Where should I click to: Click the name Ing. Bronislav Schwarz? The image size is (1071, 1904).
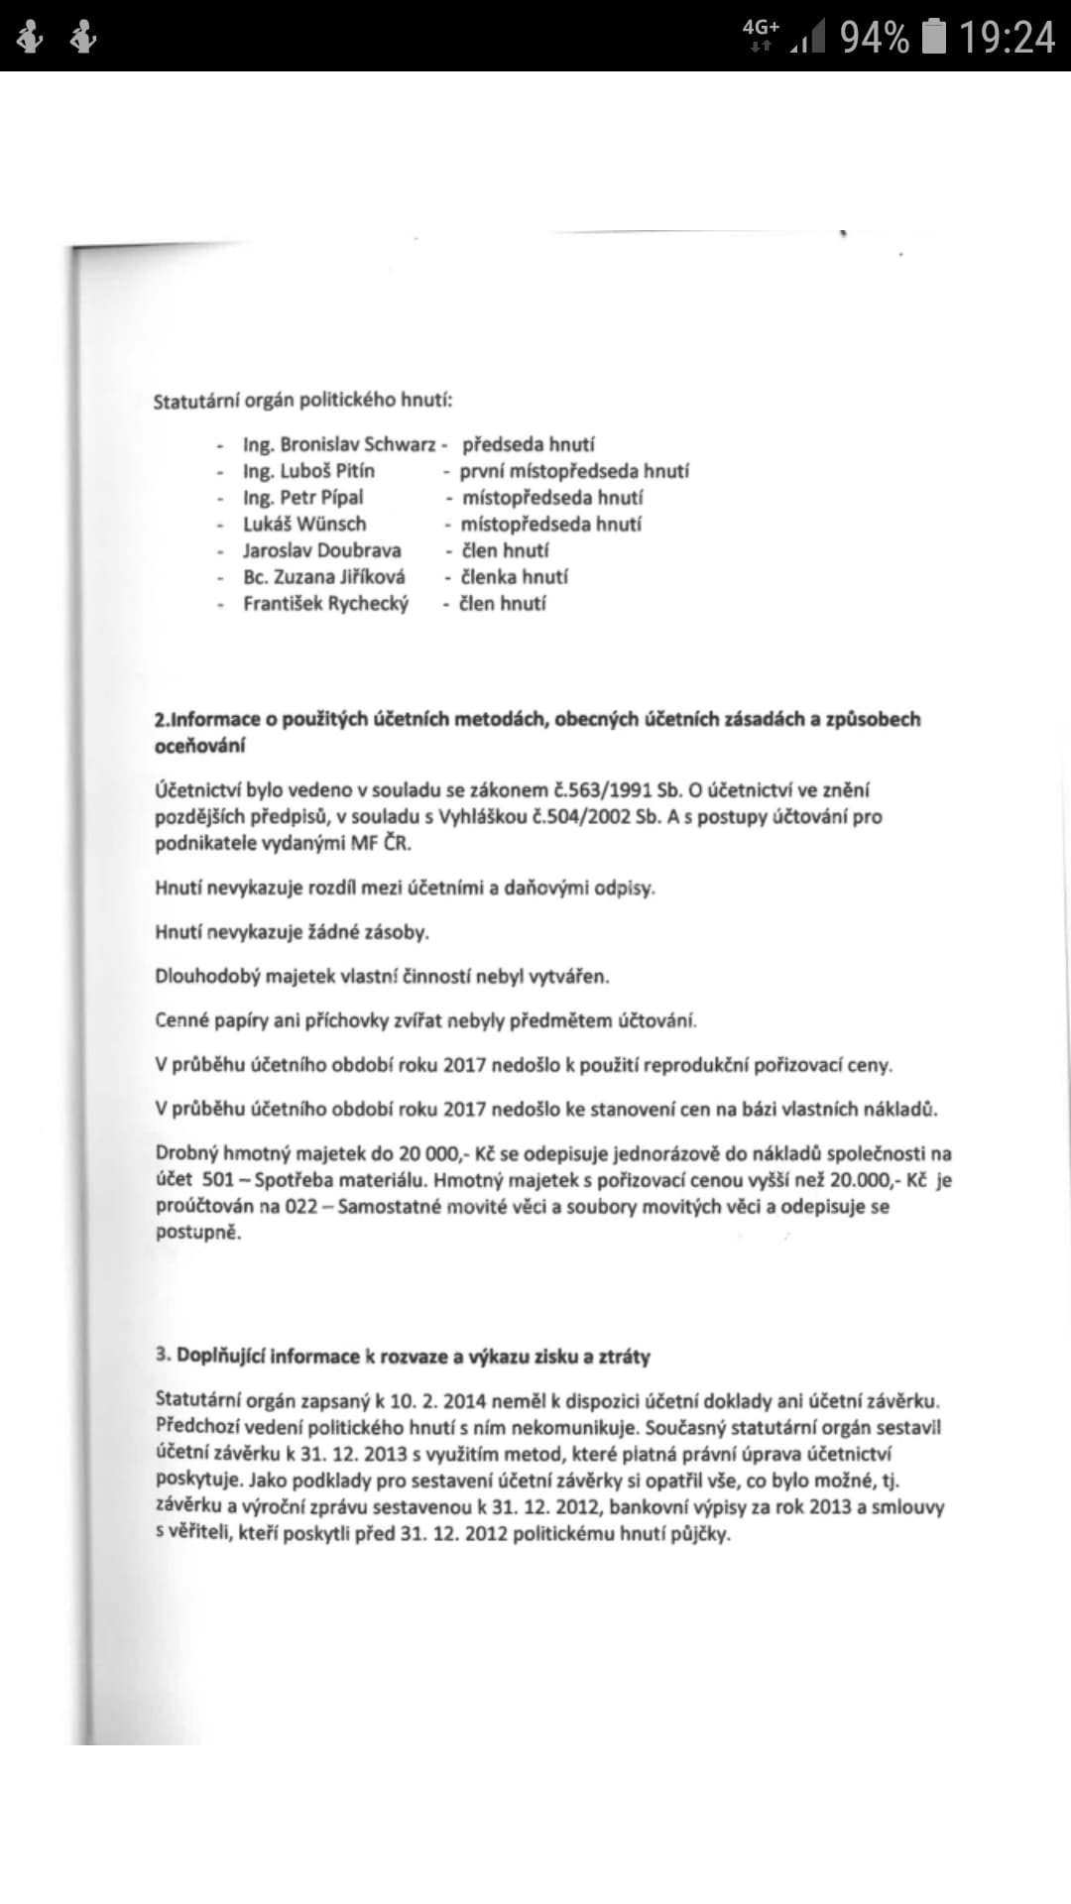click(339, 444)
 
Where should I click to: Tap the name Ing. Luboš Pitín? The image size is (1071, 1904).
click(308, 471)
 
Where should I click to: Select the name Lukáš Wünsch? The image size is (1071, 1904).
click(304, 524)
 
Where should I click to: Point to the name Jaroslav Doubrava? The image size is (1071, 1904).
click(322, 550)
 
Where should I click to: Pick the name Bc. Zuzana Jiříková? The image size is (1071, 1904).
click(324, 577)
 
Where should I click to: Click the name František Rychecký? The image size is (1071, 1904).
click(325, 604)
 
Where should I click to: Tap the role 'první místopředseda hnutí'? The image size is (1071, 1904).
click(574, 471)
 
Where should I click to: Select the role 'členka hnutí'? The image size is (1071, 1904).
click(515, 577)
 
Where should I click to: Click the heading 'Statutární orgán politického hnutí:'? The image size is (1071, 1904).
click(302, 401)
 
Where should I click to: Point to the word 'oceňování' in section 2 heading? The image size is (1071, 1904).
click(200, 746)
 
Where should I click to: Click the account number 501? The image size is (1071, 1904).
click(217, 1180)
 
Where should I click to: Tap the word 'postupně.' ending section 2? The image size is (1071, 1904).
click(198, 1234)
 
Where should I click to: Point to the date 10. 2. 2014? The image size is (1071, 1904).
click(437, 1401)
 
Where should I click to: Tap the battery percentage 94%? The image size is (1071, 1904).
click(874, 38)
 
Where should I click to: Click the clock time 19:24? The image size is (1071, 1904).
click(1007, 38)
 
